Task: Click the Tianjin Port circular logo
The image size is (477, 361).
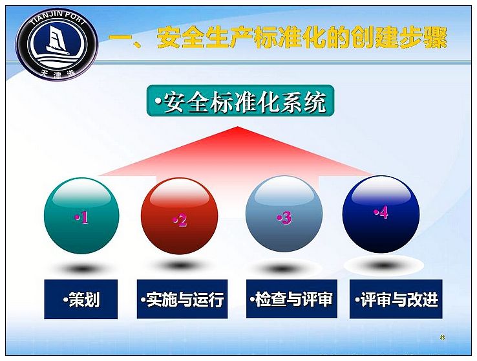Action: [x=57, y=44]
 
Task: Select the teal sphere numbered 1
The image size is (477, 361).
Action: [x=81, y=215]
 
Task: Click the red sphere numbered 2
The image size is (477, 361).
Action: [x=180, y=216]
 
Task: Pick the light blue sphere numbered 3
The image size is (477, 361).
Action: [x=284, y=213]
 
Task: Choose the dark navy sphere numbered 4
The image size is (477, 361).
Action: [x=381, y=214]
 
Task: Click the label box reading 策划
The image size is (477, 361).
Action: [x=81, y=299]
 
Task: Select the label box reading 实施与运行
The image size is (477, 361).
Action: [x=182, y=299]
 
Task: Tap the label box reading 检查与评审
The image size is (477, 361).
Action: [x=291, y=299]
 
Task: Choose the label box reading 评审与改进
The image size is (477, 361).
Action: [x=396, y=299]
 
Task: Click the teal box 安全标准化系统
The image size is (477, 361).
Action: [x=240, y=101]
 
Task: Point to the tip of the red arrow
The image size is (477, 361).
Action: [x=238, y=127]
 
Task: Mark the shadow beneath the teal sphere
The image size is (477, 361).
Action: [x=81, y=268]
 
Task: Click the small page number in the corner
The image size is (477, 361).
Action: [x=442, y=337]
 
